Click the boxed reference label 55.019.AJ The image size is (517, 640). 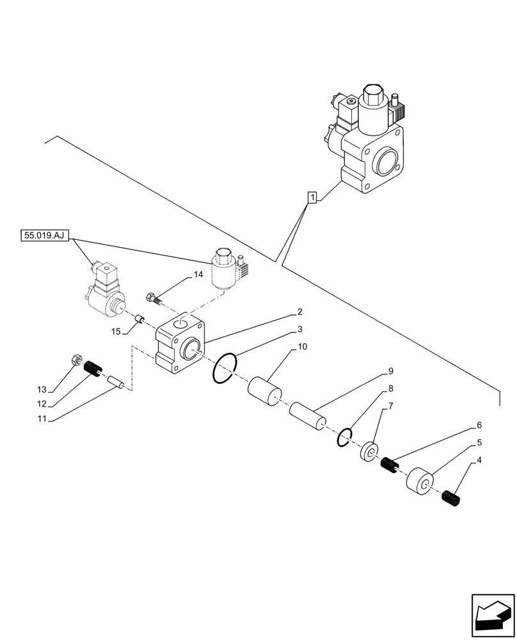click(x=44, y=236)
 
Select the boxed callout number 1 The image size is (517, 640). click(x=311, y=198)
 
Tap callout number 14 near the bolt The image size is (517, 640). click(x=198, y=275)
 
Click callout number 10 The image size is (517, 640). click(x=302, y=347)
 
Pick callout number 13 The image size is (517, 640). click(x=42, y=389)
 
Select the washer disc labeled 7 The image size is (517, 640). click(x=369, y=452)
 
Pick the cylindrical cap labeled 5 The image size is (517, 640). click(x=418, y=483)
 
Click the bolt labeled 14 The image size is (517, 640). click(x=154, y=298)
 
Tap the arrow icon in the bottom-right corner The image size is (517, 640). click(x=492, y=616)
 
